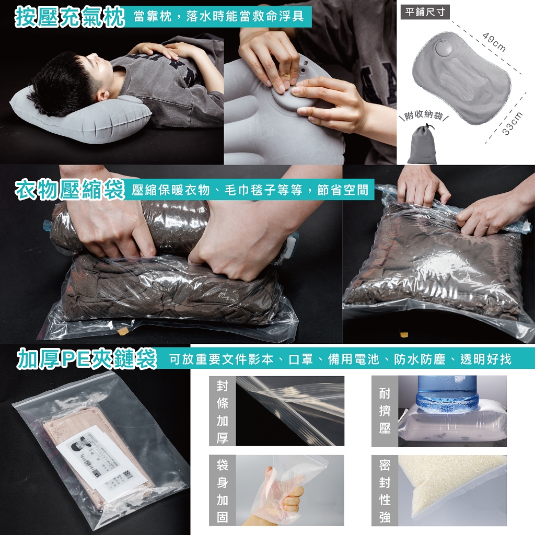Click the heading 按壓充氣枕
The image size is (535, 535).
[69, 16]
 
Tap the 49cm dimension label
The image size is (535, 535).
[494, 42]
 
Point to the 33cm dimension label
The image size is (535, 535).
[513, 123]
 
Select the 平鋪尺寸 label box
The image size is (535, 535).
[425, 12]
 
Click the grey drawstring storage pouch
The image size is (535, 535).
[422, 144]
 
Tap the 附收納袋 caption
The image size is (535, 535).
[423, 115]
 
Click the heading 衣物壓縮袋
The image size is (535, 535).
[69, 189]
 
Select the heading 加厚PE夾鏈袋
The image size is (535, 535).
[87, 358]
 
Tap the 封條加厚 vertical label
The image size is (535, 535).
[222, 411]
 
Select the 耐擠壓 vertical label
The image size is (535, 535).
[385, 411]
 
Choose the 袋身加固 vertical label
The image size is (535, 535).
[222, 490]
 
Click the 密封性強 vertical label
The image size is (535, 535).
[385, 490]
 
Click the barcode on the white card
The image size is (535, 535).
[127, 474]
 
